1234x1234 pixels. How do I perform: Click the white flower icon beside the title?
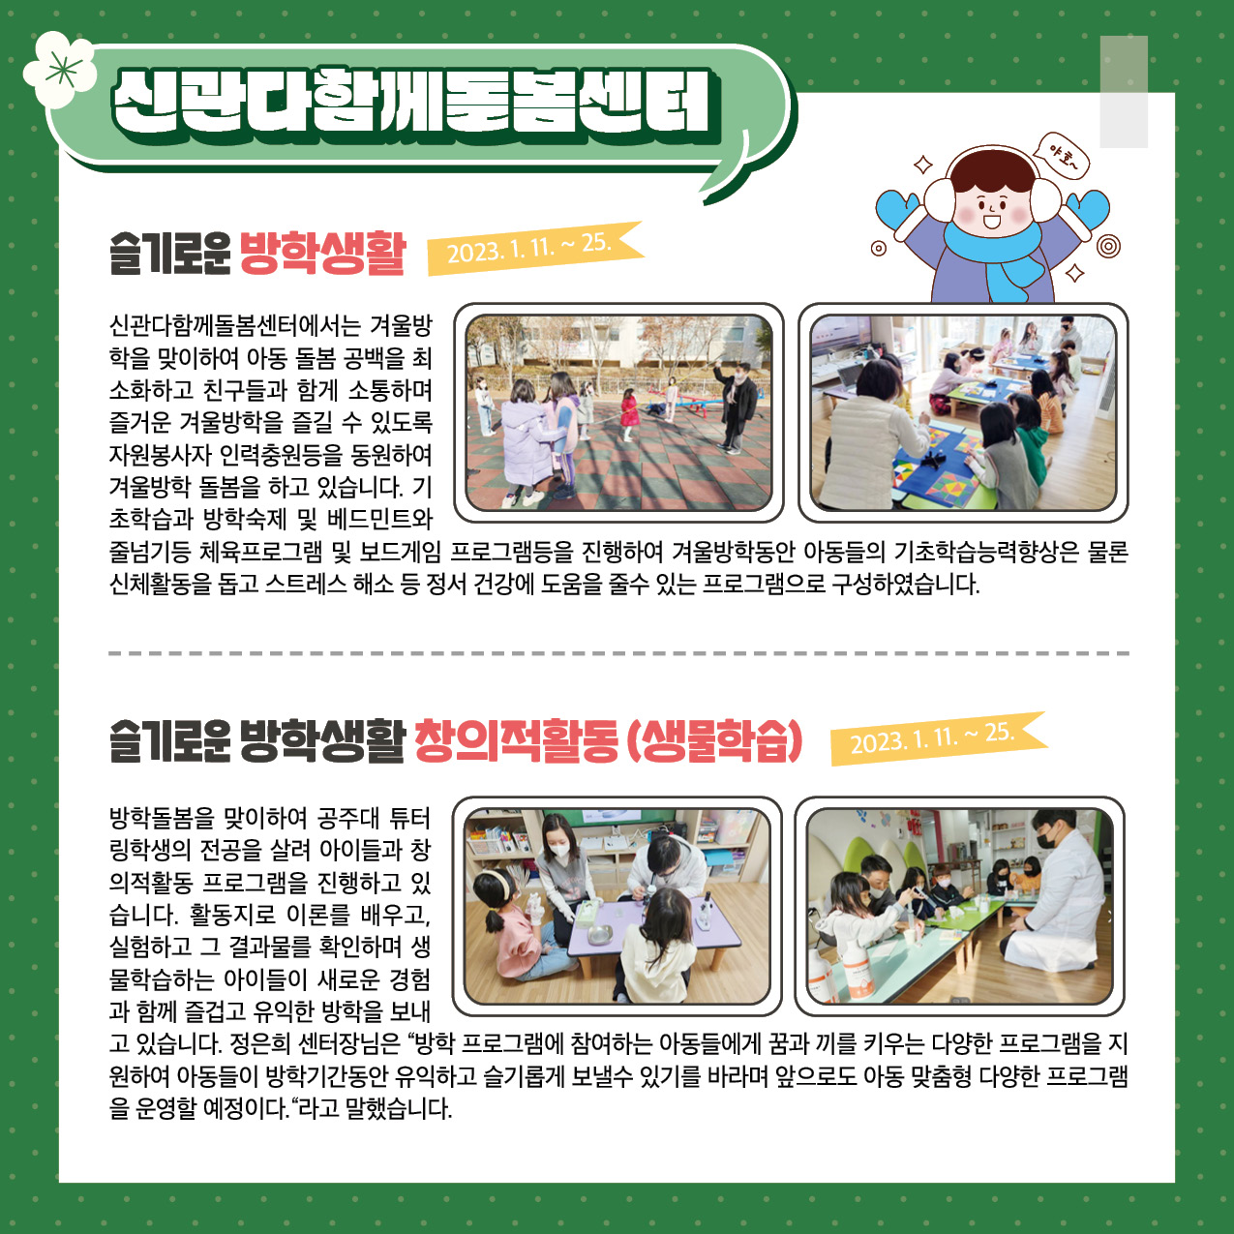click(60, 69)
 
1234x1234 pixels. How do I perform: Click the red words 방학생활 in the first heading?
click(322, 253)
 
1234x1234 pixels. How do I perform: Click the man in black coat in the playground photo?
click(737, 406)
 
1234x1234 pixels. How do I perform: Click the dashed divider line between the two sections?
click(618, 654)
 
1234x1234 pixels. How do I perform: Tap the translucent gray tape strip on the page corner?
click(1124, 92)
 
